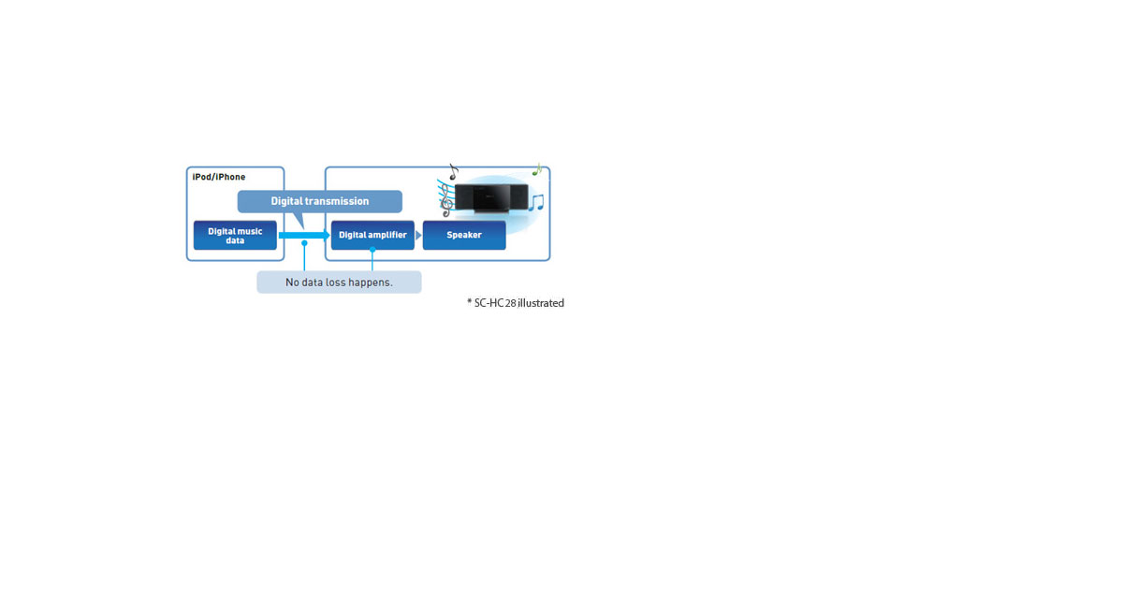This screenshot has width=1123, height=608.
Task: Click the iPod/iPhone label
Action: click(219, 177)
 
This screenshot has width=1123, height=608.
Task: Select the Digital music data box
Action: click(235, 235)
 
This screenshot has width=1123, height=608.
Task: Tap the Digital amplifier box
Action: click(372, 235)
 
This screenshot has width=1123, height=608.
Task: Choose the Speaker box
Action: click(464, 235)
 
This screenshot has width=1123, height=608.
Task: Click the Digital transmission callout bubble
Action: click(320, 201)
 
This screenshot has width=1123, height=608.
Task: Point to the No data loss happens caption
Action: click(339, 282)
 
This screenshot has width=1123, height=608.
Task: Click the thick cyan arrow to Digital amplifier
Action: click(304, 235)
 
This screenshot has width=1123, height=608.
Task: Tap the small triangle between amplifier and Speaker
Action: click(418, 235)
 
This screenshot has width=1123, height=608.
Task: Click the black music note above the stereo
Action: click(454, 172)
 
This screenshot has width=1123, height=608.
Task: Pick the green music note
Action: click(537, 169)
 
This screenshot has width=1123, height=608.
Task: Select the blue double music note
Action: click(536, 202)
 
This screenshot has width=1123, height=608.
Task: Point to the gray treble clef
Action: click(446, 200)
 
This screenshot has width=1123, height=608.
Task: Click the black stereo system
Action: click(491, 198)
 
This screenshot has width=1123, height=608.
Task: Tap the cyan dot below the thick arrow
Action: click(304, 243)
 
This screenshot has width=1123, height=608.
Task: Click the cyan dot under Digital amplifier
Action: click(372, 249)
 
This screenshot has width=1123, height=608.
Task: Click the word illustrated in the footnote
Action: click(541, 303)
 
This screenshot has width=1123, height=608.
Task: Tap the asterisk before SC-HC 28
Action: click(470, 301)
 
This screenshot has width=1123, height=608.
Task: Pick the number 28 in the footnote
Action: click(510, 303)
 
